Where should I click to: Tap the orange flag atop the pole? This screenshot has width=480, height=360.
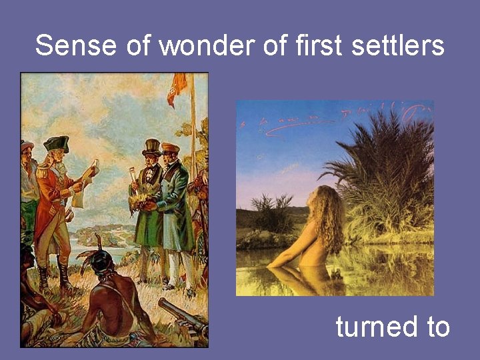tap(177, 87)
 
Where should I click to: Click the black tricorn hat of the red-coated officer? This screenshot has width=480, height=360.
tap(56, 143)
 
